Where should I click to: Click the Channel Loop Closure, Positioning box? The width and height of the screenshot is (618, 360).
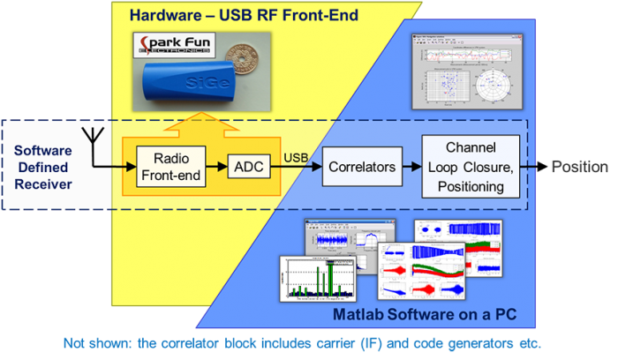[466, 165]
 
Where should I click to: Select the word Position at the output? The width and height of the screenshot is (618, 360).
[579, 166]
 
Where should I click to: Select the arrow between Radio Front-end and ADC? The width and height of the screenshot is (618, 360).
[217, 165]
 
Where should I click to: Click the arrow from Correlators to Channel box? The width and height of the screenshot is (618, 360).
[407, 165]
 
